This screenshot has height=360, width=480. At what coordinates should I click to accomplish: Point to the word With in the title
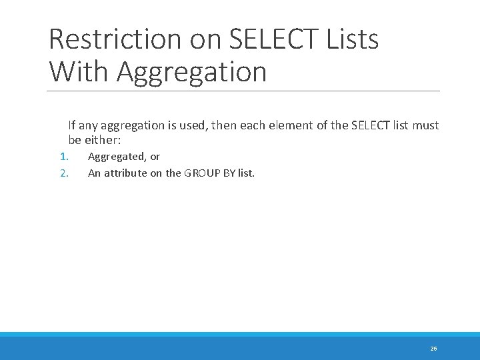(x=79, y=71)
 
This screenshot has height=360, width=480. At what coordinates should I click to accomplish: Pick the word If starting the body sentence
(x=71, y=125)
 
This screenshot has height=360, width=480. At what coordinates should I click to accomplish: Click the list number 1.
(x=64, y=157)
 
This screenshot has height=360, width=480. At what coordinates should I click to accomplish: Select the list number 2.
(x=64, y=173)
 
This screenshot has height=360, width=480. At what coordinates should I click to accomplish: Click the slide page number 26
(x=433, y=349)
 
